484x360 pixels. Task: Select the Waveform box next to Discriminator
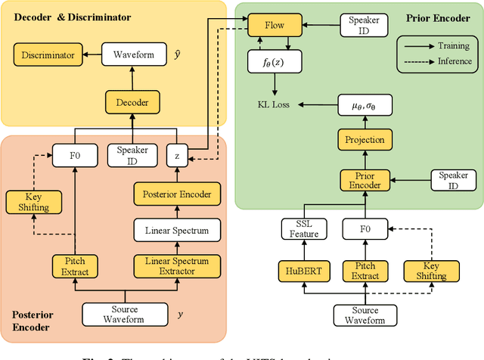point(134,54)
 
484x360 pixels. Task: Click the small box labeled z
point(176,155)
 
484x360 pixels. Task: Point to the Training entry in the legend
point(449,45)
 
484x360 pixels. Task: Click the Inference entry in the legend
point(449,61)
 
